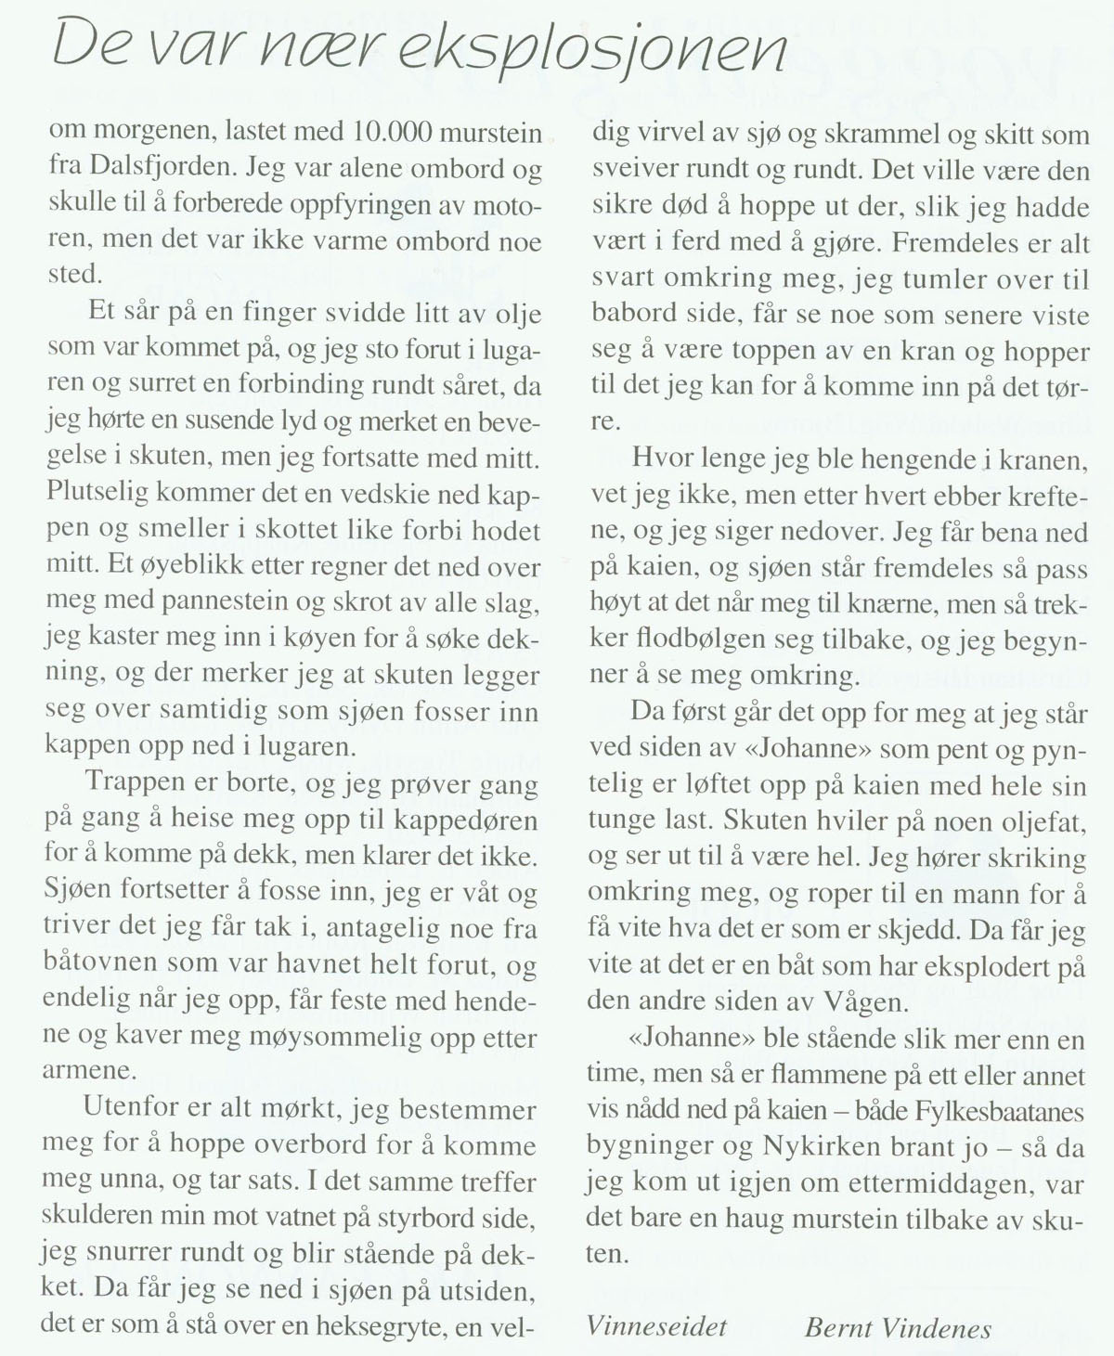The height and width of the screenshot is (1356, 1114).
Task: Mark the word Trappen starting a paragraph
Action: coord(135,781)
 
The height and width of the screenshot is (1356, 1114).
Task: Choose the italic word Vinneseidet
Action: coord(656,1326)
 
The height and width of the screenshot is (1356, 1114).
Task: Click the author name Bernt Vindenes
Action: coord(898,1328)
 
